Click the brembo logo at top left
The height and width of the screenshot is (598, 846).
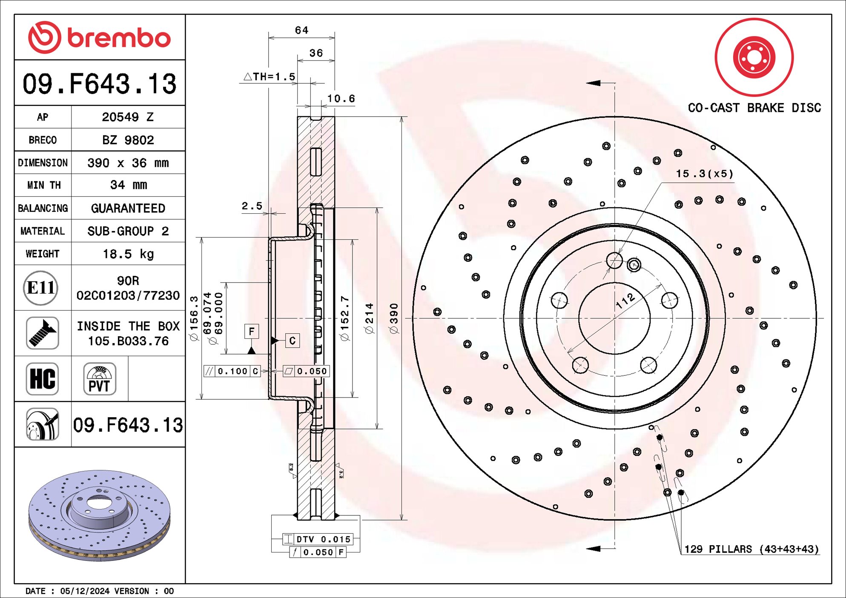tap(99, 37)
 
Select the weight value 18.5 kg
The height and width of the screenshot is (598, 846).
tap(128, 254)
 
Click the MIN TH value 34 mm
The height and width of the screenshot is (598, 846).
tap(128, 185)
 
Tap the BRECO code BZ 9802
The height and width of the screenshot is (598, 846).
tap(128, 140)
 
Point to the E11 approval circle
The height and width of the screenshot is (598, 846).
tap(41, 288)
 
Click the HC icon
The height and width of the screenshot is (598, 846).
tap(42, 379)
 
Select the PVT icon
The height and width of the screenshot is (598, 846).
tap(100, 379)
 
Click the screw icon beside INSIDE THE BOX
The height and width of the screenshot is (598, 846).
tap(42, 333)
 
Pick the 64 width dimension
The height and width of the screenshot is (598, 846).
tap(301, 30)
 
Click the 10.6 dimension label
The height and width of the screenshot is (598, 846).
tap(341, 99)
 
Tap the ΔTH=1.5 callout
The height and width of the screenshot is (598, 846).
tap(269, 77)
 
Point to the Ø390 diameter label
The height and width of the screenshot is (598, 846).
tap(394, 318)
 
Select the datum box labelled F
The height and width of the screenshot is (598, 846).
tap(252, 332)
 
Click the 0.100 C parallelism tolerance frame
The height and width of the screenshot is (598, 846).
tap(232, 371)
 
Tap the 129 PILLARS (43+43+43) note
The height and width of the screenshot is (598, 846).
tap(751, 549)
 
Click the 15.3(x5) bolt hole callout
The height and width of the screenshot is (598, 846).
tap(705, 174)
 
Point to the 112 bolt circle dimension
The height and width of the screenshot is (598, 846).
tap(625, 301)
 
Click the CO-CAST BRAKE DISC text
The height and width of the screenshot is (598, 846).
tap(754, 108)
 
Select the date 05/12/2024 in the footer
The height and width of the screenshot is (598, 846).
tap(84, 591)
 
